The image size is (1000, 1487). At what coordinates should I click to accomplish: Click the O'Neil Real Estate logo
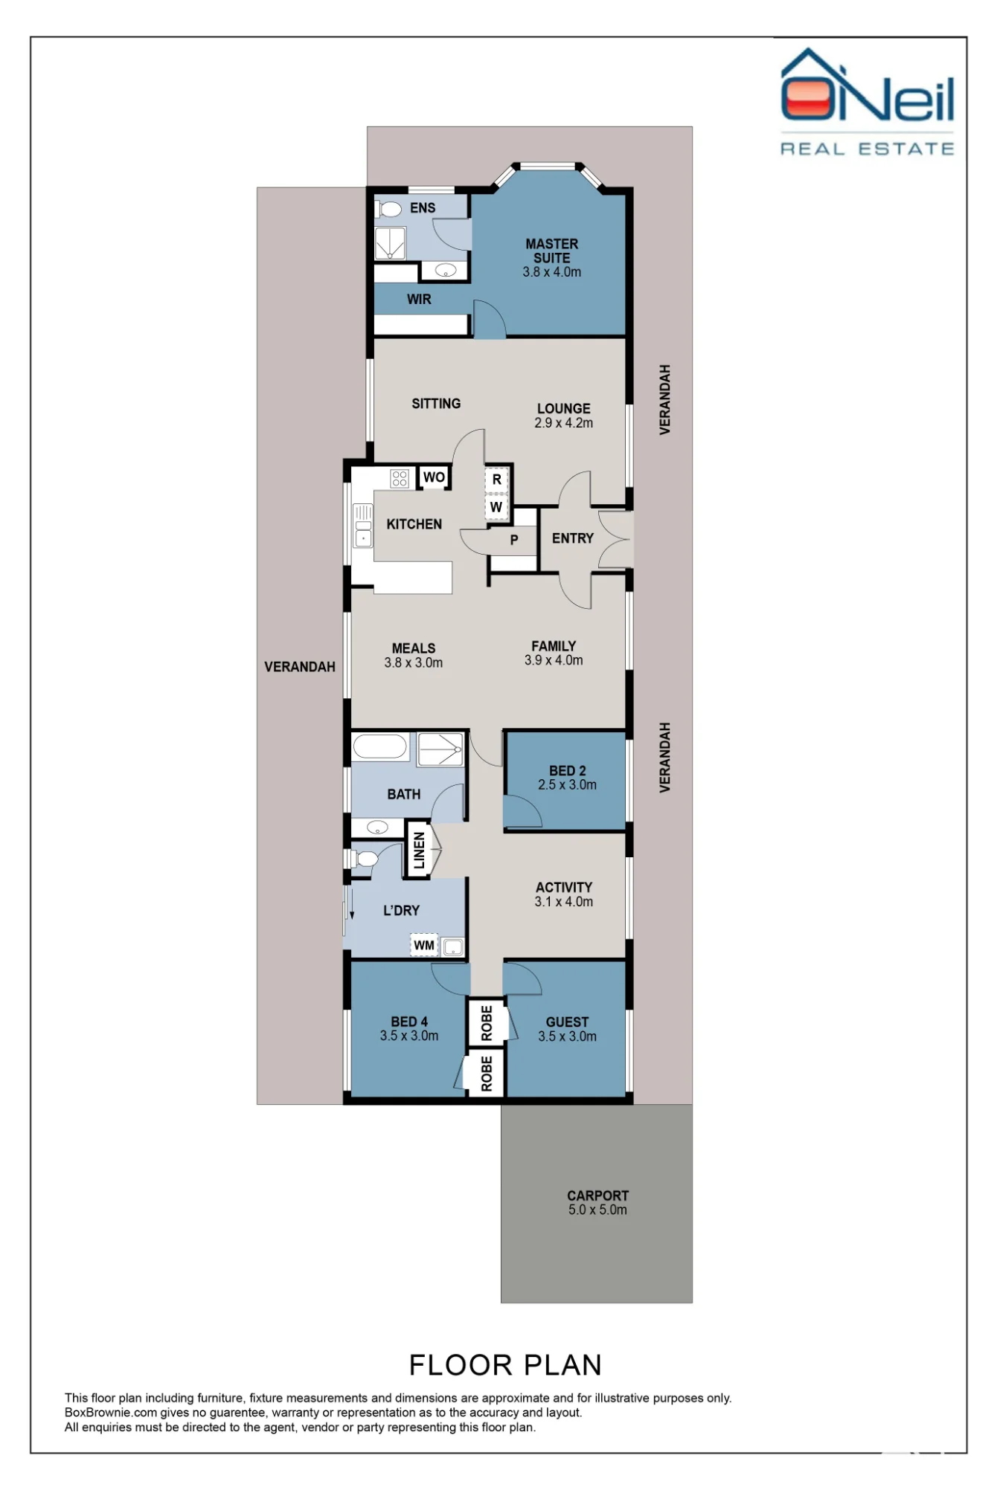[868, 102]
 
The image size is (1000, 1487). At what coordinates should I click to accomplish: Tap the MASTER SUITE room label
[552, 251]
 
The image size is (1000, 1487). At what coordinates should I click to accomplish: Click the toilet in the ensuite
[388, 210]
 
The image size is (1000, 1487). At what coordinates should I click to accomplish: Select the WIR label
[419, 300]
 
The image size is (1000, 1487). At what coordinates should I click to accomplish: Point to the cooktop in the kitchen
[400, 478]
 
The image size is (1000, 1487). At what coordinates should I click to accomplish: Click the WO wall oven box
[435, 477]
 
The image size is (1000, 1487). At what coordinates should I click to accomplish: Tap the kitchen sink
[363, 525]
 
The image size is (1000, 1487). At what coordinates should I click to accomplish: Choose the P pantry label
[514, 541]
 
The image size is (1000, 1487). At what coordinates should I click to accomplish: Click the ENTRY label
[573, 538]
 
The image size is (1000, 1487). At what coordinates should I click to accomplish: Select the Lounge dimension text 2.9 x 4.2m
[564, 423]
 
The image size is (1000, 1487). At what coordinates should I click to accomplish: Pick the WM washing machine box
[424, 945]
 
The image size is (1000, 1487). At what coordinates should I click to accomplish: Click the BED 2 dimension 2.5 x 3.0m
[568, 785]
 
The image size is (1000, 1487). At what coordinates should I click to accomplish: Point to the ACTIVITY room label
[564, 888]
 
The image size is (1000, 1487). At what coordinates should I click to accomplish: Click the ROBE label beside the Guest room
[487, 1023]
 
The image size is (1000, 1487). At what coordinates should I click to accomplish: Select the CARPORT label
[598, 1196]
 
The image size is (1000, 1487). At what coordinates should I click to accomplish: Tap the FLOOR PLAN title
[505, 1365]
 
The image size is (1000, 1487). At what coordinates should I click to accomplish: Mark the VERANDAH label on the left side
[300, 667]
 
